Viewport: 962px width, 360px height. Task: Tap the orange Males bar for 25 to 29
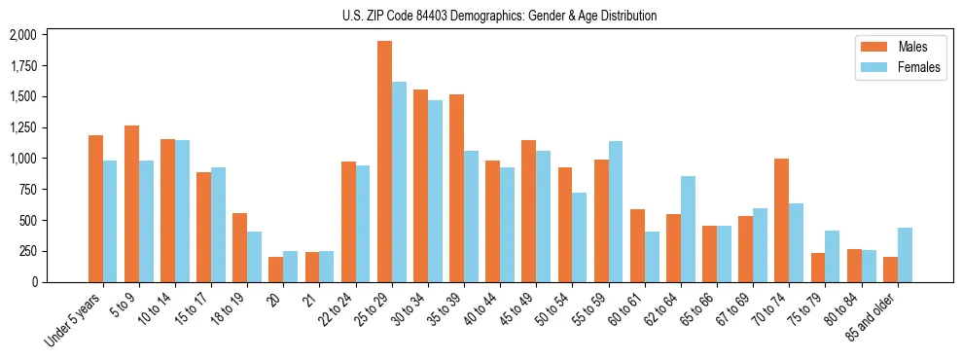(x=384, y=162)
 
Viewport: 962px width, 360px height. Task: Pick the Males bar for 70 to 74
(x=781, y=220)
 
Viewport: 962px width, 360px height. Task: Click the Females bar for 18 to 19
(x=254, y=257)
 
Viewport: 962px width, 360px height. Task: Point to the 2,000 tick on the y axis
(x=22, y=35)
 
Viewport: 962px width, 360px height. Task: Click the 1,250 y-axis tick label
(x=22, y=127)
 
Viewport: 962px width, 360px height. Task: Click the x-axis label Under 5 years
(x=73, y=321)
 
